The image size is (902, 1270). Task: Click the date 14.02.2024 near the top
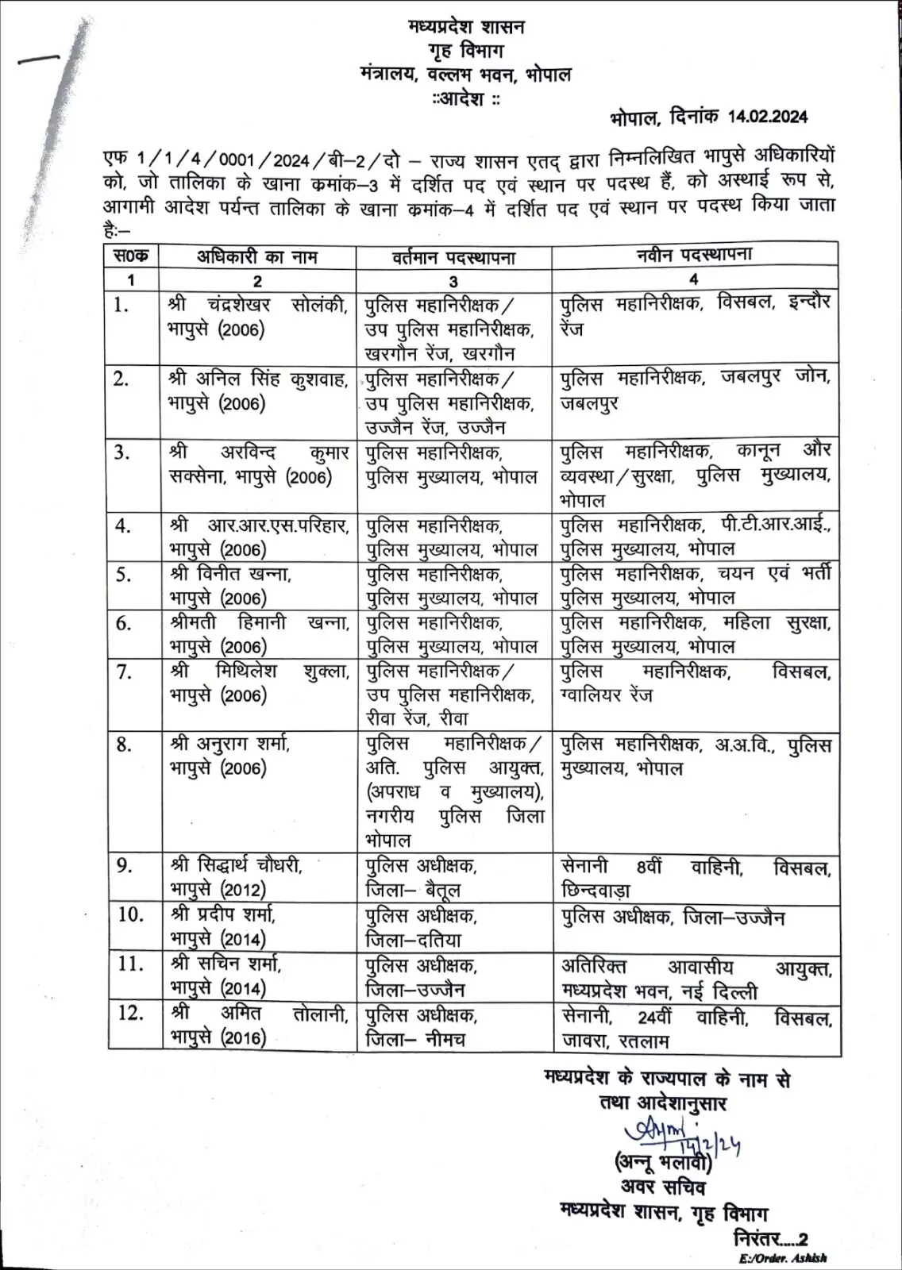coord(767,117)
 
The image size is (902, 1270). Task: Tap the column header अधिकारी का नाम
coord(256,256)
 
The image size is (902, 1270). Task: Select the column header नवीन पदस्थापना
coord(694,255)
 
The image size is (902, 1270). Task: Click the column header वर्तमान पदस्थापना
coord(453,257)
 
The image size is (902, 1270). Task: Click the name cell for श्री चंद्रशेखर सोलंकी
coord(258,317)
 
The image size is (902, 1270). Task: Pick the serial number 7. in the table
coord(124,672)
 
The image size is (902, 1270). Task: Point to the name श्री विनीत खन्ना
coord(231,574)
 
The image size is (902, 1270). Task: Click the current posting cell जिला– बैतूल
coord(413,890)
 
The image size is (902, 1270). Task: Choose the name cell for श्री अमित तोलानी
coord(258,1025)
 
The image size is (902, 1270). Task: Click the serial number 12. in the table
coord(130,1013)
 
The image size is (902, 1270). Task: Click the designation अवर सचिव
coord(663,1187)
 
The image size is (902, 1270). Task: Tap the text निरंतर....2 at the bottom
coord(770,1239)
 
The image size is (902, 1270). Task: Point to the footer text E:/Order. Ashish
coord(781,1258)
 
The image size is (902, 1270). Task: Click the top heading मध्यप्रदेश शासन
coord(466,26)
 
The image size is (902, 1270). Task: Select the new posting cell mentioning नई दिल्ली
coord(696,979)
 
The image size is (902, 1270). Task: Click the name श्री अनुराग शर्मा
coord(230,744)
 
